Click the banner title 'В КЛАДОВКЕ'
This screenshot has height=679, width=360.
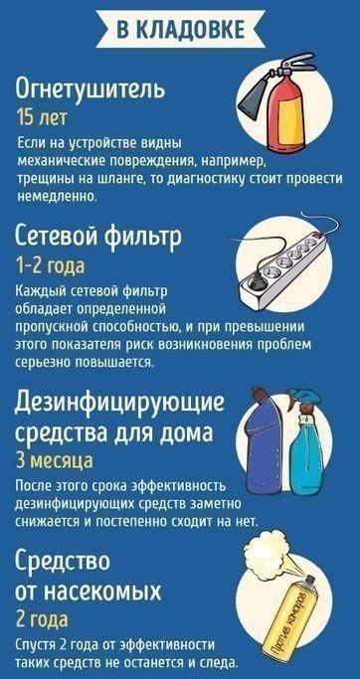tap(180, 30)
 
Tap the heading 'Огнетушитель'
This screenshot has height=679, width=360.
tap(90, 91)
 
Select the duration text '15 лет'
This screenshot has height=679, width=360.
tap(42, 117)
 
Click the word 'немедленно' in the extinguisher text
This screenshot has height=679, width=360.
tap(56, 196)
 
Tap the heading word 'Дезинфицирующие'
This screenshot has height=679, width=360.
tap(120, 404)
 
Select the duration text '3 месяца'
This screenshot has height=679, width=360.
tap(54, 460)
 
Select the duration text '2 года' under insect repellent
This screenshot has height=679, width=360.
tap(42, 620)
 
